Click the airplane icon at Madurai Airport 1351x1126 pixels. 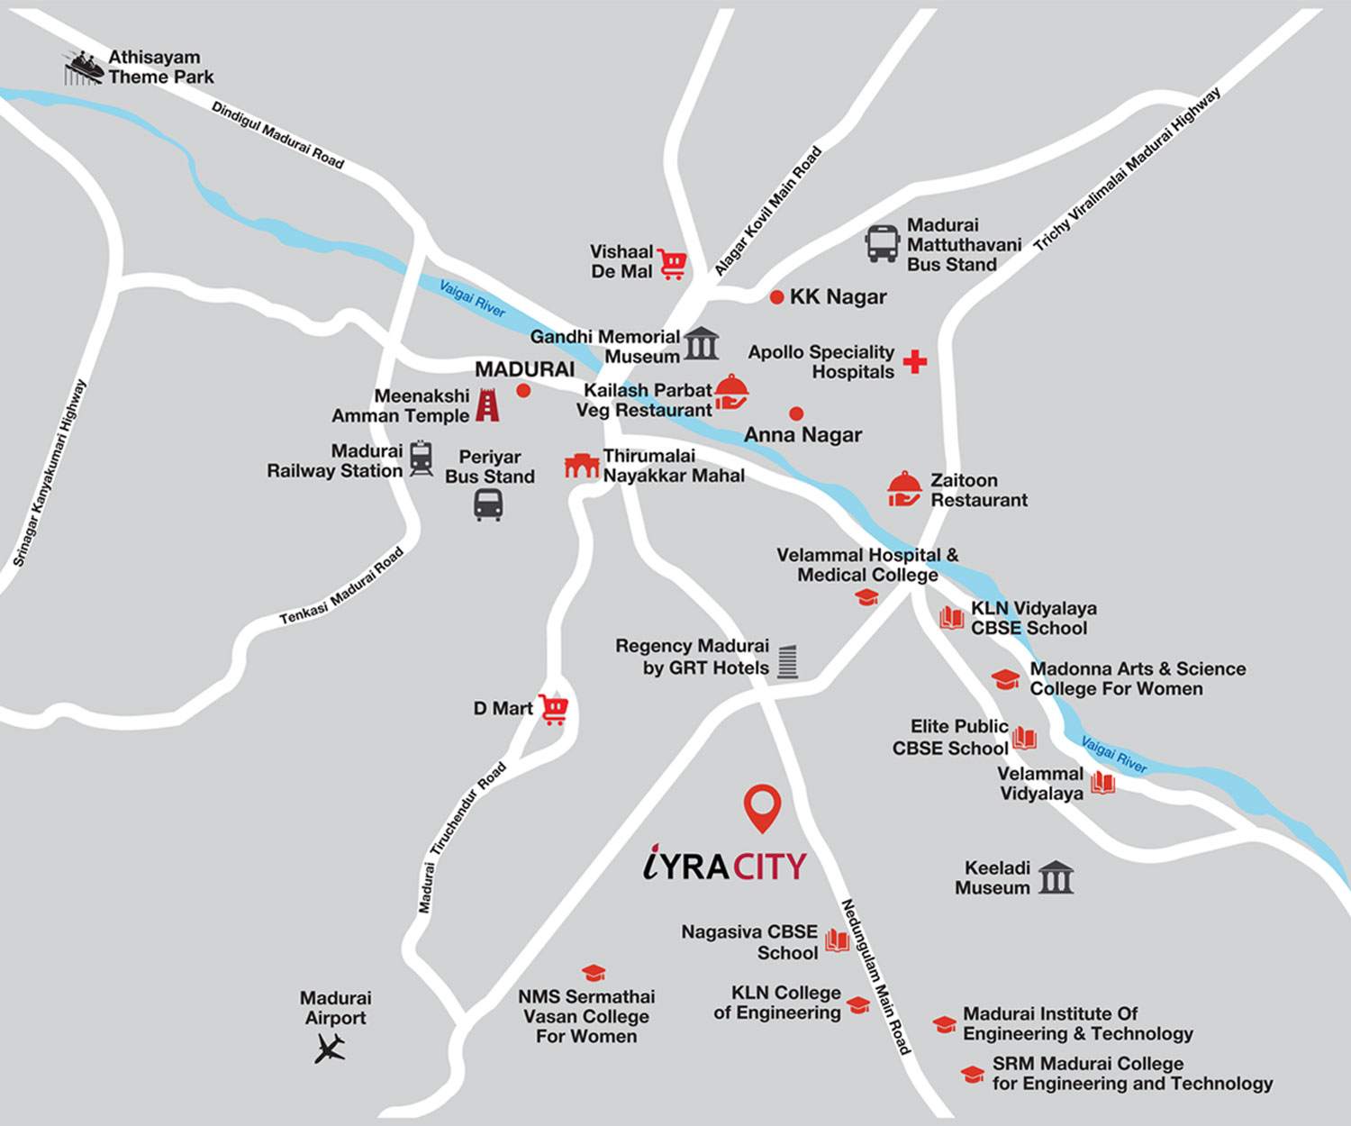tap(331, 1048)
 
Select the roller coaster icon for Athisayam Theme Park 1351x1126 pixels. tap(82, 68)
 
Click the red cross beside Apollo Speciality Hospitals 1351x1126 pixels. tap(915, 361)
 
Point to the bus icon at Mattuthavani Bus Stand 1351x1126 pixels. tap(882, 243)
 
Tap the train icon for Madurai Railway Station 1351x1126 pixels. tap(421, 459)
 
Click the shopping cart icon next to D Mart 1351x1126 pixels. tap(554, 709)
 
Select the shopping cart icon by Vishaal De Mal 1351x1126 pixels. tap(672, 263)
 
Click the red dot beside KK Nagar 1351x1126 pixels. tap(776, 297)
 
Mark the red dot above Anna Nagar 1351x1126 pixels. tap(796, 413)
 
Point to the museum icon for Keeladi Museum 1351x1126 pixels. tap(1056, 877)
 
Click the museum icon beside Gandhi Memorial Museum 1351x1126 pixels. tap(701, 344)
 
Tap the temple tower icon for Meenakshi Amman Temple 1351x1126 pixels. tap(487, 405)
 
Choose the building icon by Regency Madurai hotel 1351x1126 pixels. tap(788, 661)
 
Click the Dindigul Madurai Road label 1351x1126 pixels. tap(277, 135)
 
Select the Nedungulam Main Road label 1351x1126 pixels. tap(875, 976)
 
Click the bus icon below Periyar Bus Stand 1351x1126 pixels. tap(488, 504)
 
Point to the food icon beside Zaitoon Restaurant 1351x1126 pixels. tap(904, 489)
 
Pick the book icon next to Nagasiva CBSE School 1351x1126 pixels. tap(837, 941)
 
